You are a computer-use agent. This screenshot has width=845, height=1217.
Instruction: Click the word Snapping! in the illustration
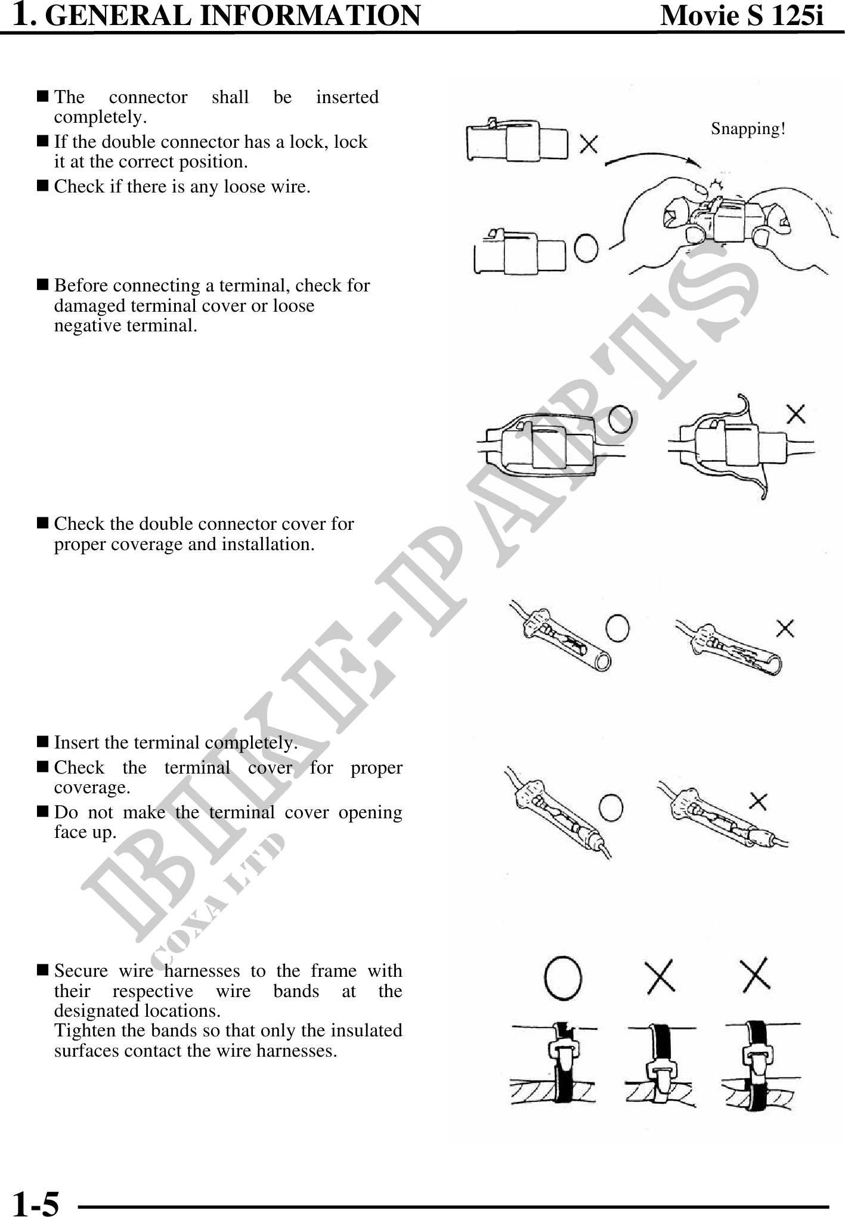click(x=748, y=129)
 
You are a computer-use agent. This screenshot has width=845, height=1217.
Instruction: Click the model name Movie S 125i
click(x=742, y=15)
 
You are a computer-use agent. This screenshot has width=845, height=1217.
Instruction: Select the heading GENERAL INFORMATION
click(x=233, y=16)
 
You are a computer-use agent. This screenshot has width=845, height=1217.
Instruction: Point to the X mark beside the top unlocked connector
click(x=589, y=144)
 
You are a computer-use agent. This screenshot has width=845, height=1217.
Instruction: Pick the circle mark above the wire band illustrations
click(x=563, y=978)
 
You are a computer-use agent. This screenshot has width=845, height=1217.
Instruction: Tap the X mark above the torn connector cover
click(x=796, y=413)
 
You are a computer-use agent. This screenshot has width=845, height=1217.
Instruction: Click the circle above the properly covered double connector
click(x=620, y=418)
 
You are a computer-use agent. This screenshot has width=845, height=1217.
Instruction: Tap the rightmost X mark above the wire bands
click(x=755, y=976)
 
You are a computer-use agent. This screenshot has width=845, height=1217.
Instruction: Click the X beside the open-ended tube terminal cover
click(x=785, y=628)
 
